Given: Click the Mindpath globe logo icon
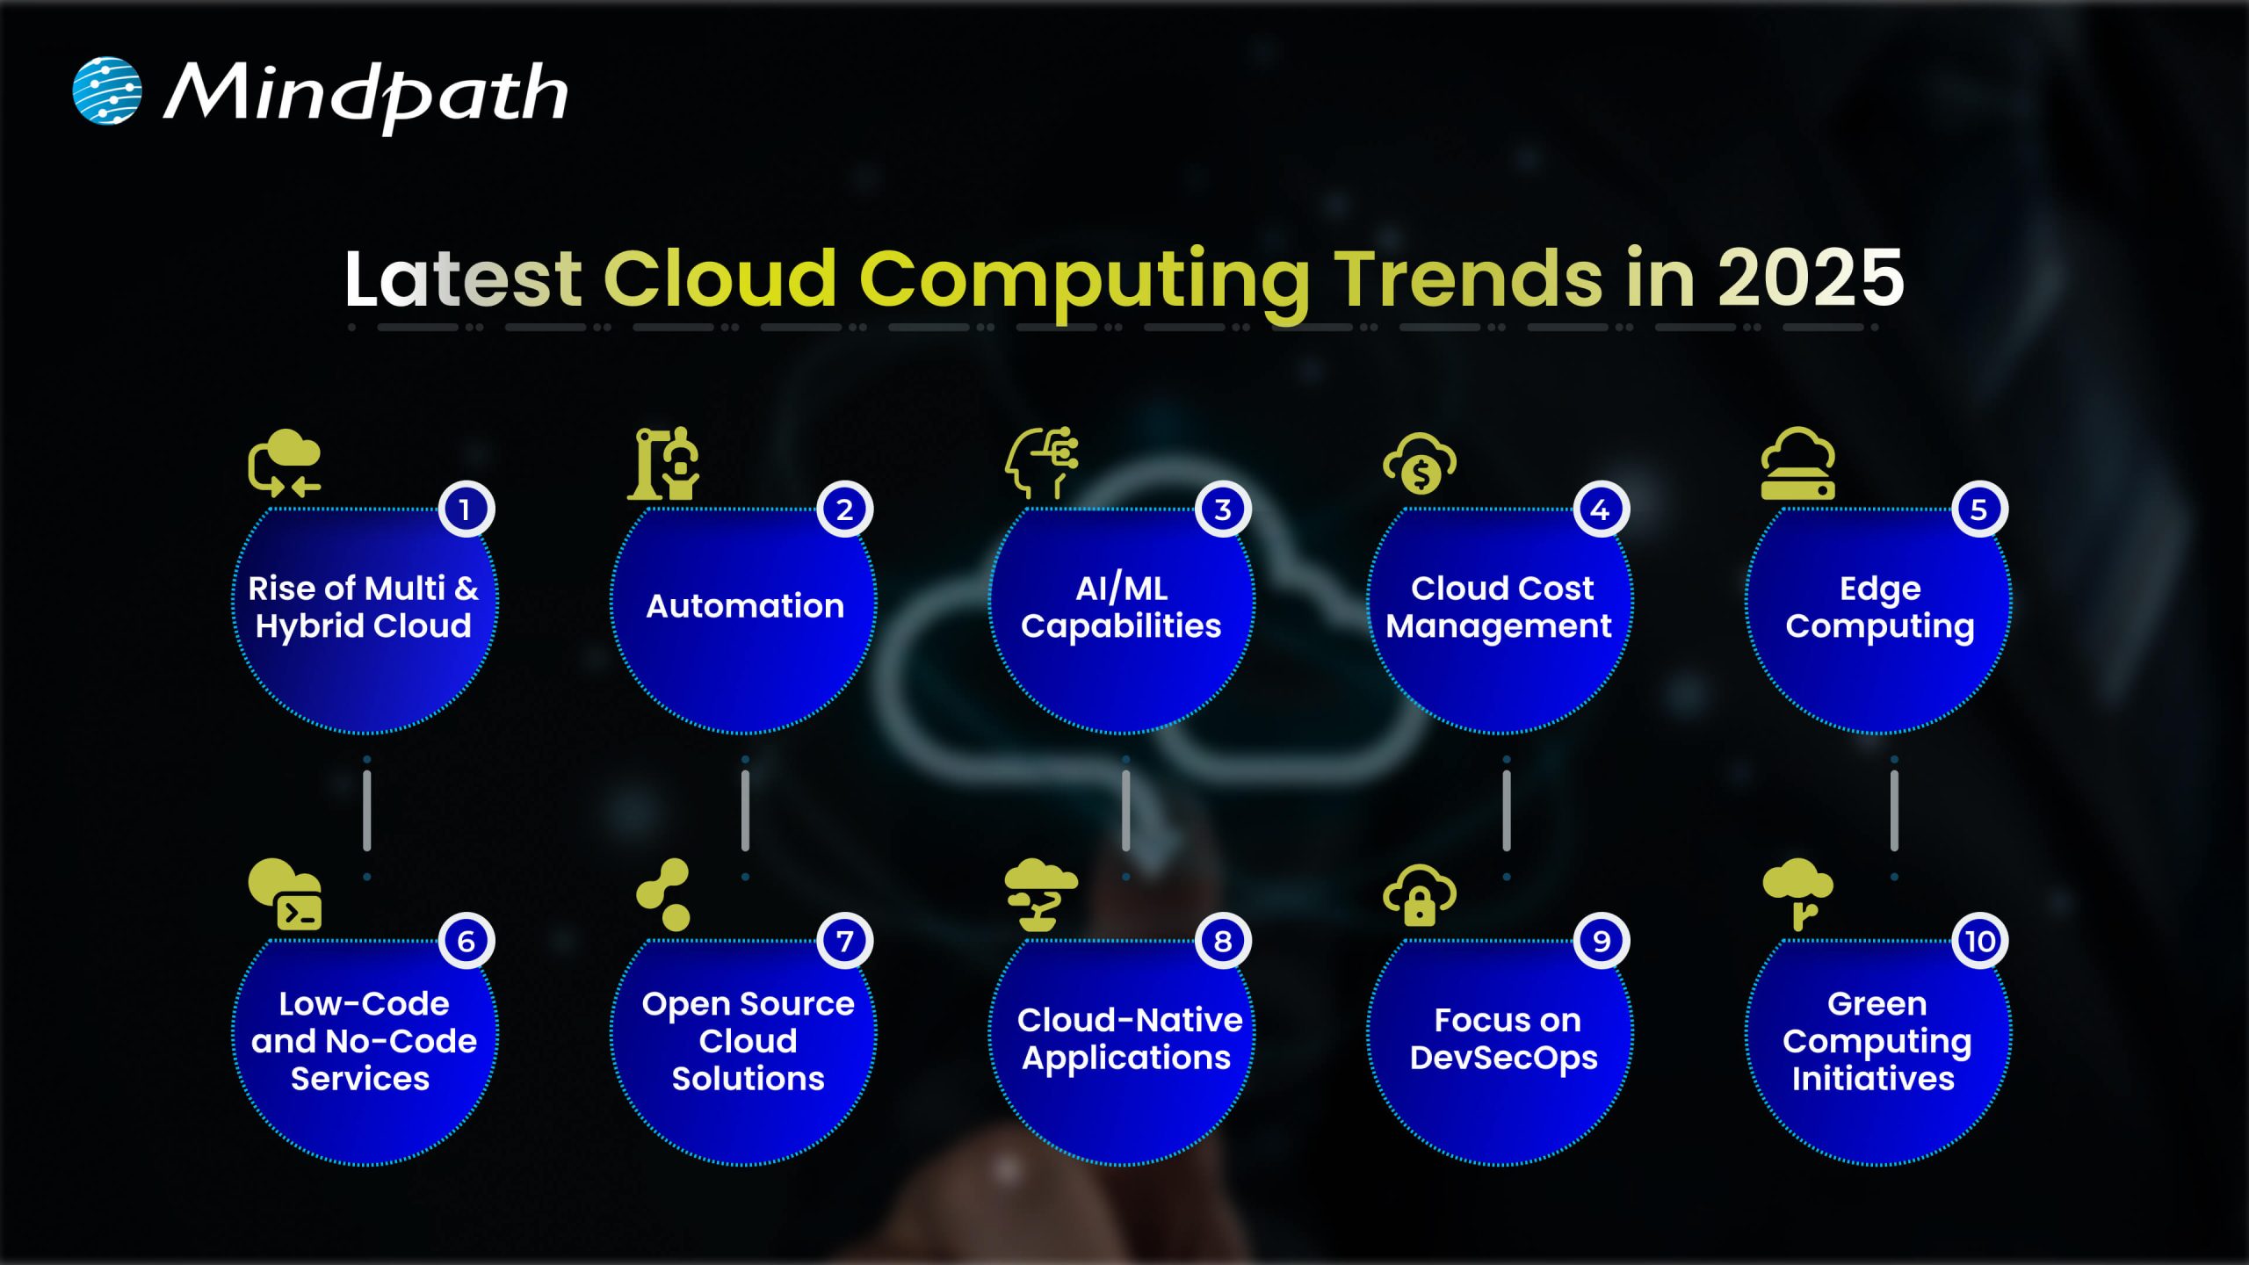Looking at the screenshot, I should coord(106,90).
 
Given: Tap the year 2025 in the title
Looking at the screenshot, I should coord(1810,278).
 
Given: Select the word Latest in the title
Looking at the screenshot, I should coord(462,278).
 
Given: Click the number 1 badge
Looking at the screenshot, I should coord(466,510).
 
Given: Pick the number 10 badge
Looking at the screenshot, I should coord(1979,941).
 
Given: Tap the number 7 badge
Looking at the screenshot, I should coord(844,941).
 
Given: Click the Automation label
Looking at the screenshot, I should coord(745,606).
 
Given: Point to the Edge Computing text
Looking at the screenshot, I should coord(1879,607).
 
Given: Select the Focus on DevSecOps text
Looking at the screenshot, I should coord(1504,1038).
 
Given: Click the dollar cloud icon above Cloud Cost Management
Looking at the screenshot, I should coord(1420,463).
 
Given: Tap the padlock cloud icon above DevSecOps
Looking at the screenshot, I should coord(1420,895).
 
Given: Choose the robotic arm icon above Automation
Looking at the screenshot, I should coord(663,463).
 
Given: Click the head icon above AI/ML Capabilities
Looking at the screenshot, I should coord(1041,463).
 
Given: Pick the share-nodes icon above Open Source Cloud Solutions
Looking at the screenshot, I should coord(663,895).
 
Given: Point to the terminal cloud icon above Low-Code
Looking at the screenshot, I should coord(286,895).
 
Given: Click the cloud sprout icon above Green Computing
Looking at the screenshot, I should coord(1797,895).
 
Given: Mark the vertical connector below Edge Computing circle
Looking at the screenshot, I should coord(1894,810).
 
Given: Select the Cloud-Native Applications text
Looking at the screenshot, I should coord(1128,1038).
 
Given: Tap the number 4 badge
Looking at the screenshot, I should coord(1600,510).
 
